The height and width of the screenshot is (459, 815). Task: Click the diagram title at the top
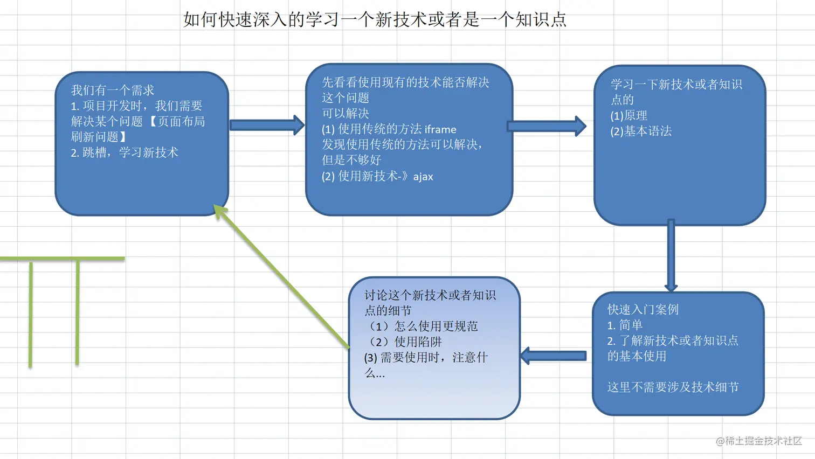[x=375, y=20]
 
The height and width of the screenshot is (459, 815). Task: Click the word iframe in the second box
[x=440, y=129]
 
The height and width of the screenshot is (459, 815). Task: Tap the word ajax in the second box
[x=423, y=177]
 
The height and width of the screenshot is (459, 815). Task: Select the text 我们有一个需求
[x=113, y=90]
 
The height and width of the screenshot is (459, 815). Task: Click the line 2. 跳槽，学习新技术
[x=125, y=152]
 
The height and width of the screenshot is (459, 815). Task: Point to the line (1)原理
[x=629, y=115]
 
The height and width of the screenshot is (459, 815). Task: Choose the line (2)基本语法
[x=641, y=131]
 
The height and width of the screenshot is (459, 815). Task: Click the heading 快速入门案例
[x=643, y=309]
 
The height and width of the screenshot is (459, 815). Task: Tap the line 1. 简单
[x=625, y=325]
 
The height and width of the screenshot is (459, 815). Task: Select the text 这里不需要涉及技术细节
[x=673, y=387]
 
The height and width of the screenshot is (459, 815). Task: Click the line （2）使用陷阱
[x=403, y=342]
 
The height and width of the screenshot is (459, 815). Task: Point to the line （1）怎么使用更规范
[x=421, y=326]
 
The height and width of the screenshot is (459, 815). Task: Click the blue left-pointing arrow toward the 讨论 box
[x=554, y=356]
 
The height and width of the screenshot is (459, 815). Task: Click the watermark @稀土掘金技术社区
[x=759, y=441]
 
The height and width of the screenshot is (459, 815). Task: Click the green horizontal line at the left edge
[x=62, y=259]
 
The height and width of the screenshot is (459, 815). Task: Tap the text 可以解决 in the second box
[x=346, y=113]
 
